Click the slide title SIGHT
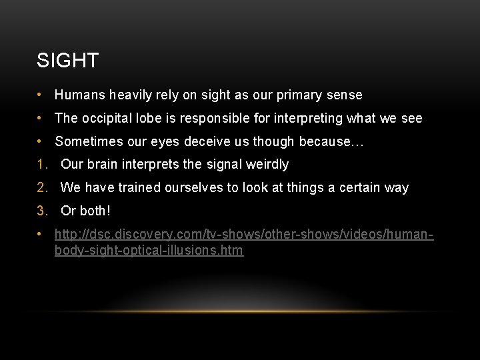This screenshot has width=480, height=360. [67, 61]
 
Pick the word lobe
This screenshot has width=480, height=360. [151, 118]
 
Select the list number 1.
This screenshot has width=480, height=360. [42, 164]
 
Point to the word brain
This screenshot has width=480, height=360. [102, 164]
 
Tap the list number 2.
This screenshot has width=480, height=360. [42, 187]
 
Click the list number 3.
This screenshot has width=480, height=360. [42, 211]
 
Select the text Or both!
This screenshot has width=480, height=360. [85, 211]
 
